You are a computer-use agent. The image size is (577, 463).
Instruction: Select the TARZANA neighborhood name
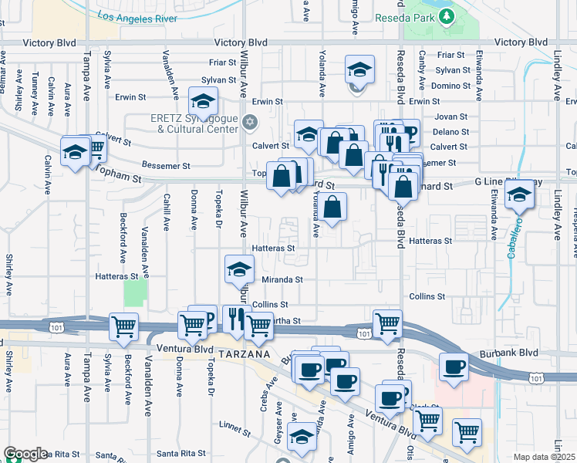(x=244, y=353)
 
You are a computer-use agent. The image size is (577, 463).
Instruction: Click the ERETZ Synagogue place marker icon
(x=249, y=122)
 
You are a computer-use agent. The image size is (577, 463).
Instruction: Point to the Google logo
(x=25, y=454)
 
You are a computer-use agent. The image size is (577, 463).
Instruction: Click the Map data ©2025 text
(x=545, y=457)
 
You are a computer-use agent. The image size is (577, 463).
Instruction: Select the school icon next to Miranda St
(x=239, y=269)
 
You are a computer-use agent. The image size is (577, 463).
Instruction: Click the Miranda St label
(x=284, y=279)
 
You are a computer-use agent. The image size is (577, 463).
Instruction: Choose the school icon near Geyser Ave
(x=302, y=437)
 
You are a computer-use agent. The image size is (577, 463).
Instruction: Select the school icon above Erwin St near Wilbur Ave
(x=203, y=101)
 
